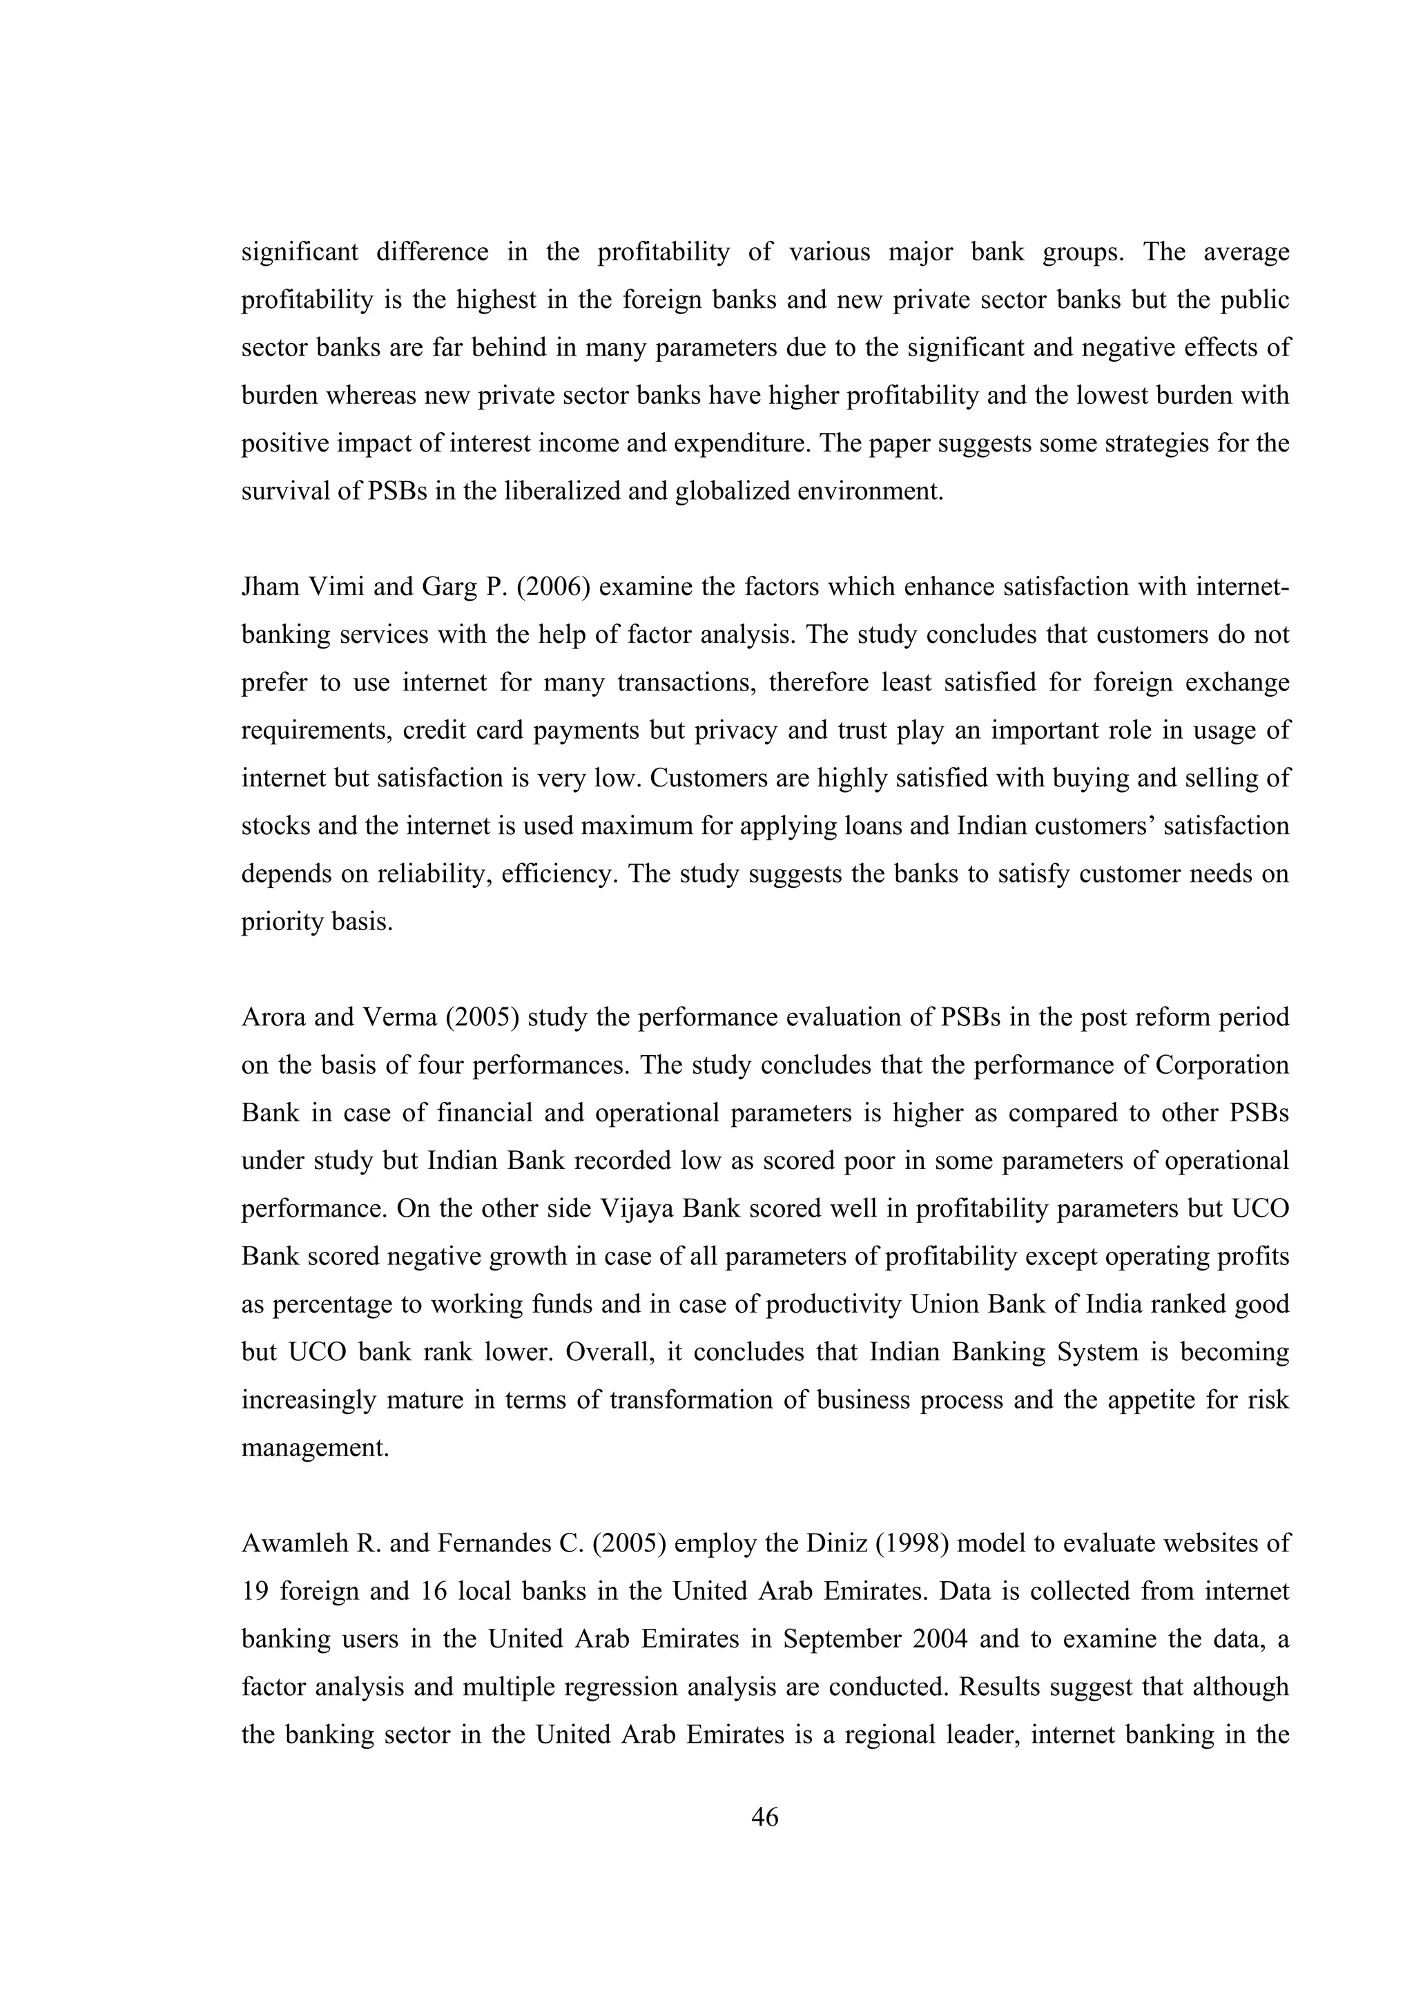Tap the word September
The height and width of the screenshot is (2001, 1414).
pos(842,1638)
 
